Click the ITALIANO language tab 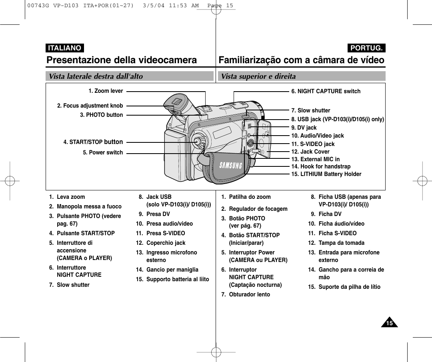pyautogui.click(x=64, y=48)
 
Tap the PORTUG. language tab pyautogui.click(x=367, y=48)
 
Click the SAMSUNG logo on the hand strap pyautogui.click(x=230, y=165)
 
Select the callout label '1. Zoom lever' pyautogui.click(x=106, y=91)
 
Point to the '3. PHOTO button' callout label pyautogui.click(x=102, y=115)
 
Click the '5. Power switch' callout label pyautogui.click(x=103, y=152)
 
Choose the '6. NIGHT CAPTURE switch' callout pyautogui.click(x=326, y=91)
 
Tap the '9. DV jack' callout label pyautogui.click(x=304, y=128)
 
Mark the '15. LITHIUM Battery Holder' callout pyautogui.click(x=326, y=174)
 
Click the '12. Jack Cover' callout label pyautogui.click(x=310, y=152)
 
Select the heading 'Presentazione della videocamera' pyautogui.click(x=122, y=60)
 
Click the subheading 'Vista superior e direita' pyautogui.click(x=258, y=76)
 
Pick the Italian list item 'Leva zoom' pyautogui.click(x=71, y=197)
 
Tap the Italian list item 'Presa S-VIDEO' pyautogui.click(x=166, y=233)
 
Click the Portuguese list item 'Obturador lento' pyautogui.click(x=249, y=294)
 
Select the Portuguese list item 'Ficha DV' pyautogui.click(x=330, y=214)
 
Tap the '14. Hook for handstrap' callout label pyautogui.click(x=321, y=166)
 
